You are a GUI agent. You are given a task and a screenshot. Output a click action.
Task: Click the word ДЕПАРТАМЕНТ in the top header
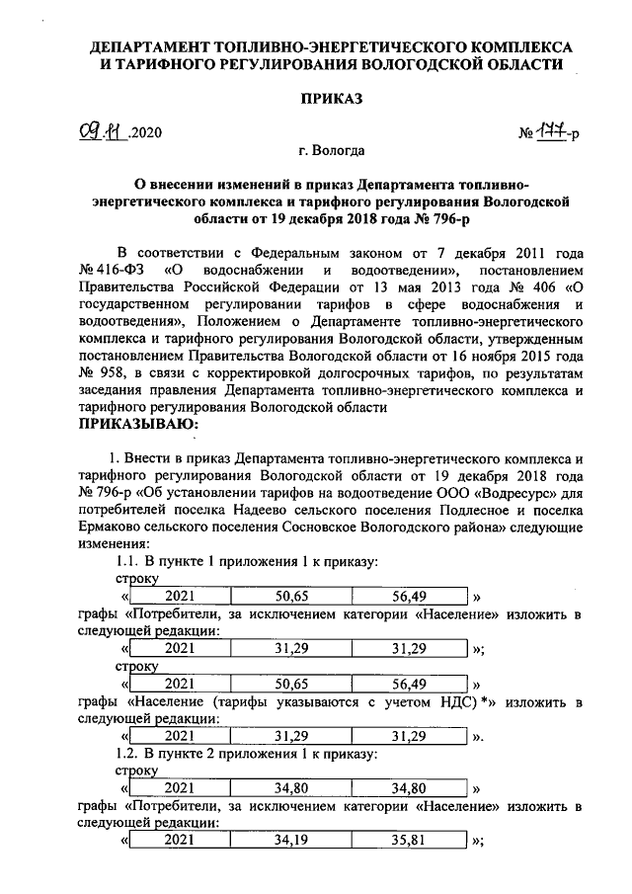155,46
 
